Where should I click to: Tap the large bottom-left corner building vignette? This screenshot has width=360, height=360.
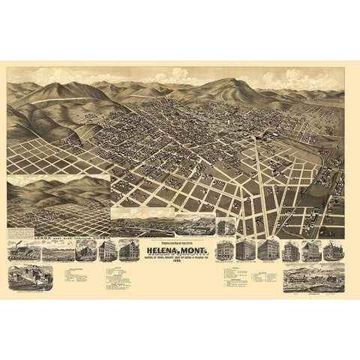click(30, 277)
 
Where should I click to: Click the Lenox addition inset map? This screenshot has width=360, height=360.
click(58, 202)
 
